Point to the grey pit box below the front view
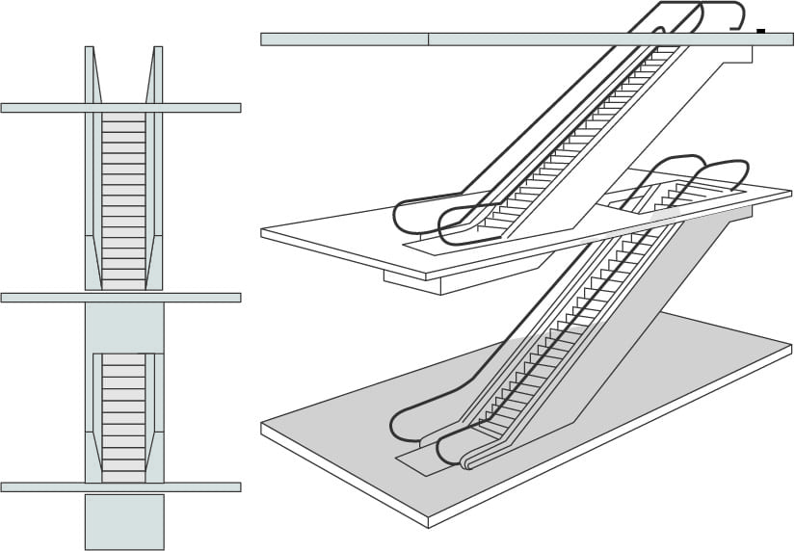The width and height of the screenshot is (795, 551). [x=124, y=521]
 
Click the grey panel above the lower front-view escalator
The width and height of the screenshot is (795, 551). [x=124, y=328]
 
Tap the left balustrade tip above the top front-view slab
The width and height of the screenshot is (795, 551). [x=90, y=72]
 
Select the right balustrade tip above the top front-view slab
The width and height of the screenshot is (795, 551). [x=157, y=72]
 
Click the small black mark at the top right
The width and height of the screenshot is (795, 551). [x=761, y=32]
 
